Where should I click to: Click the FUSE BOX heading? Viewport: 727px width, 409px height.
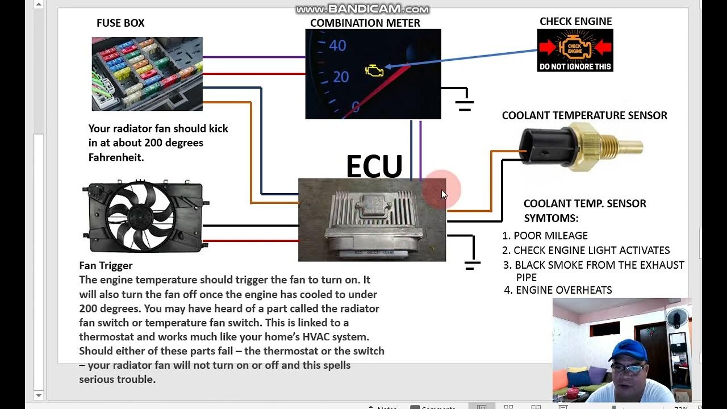[120, 23]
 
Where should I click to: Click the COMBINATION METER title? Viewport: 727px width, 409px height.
[365, 23]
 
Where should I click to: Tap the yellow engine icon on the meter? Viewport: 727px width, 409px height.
[374, 71]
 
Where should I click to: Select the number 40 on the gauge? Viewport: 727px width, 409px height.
[337, 45]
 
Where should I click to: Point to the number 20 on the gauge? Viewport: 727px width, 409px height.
[340, 76]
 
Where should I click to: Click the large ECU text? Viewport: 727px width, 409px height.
[374, 166]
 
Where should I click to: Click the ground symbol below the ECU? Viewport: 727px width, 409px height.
[472, 264]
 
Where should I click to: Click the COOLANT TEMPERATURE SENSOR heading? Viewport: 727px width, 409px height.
[584, 115]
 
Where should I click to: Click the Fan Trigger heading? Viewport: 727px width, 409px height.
[106, 265]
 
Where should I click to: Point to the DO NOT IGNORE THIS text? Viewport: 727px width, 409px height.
[575, 66]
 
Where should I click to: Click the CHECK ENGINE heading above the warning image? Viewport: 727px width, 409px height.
[575, 22]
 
